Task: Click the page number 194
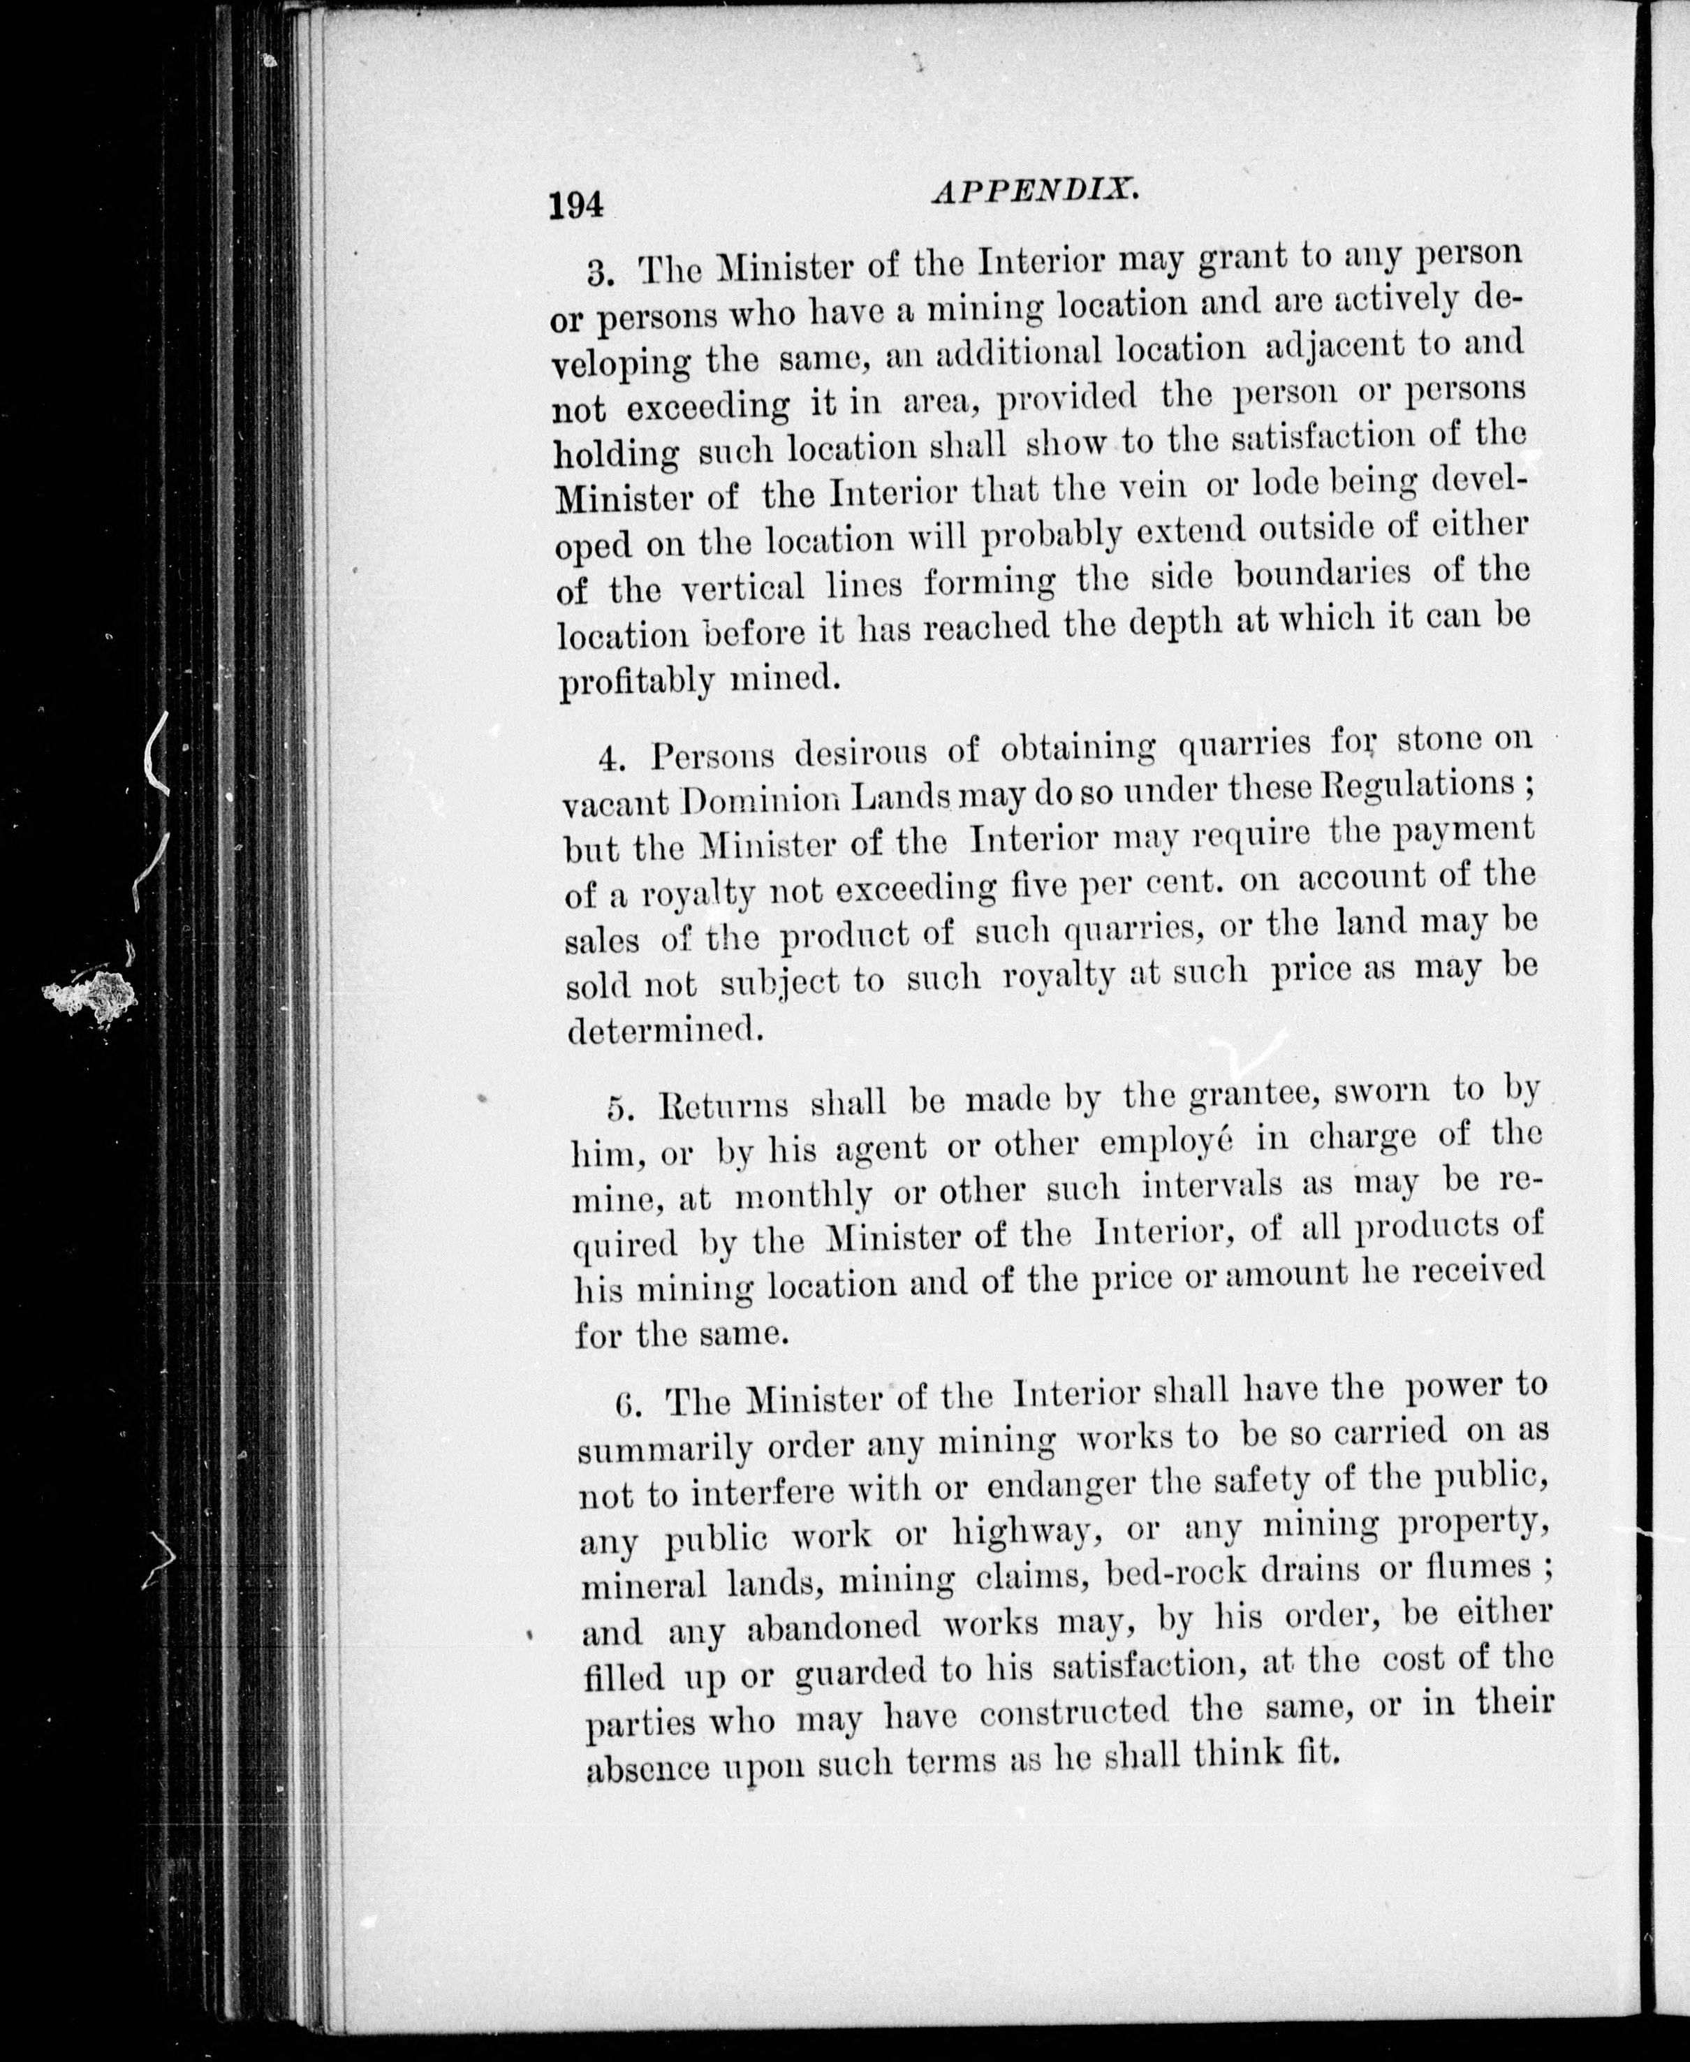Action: coord(576,206)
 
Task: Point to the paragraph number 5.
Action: coord(620,1109)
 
